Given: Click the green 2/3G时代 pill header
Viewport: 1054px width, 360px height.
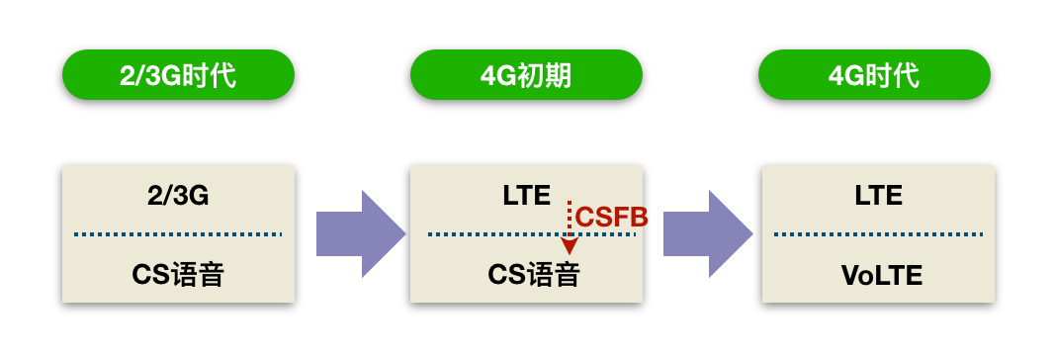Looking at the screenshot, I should click(x=178, y=75).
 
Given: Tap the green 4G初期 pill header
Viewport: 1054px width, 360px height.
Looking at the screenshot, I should click(x=526, y=75).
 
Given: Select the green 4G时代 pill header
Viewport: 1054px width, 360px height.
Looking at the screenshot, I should click(x=874, y=75).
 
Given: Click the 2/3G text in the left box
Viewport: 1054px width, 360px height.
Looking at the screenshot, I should click(x=178, y=196).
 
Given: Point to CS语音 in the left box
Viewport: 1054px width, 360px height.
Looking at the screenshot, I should click(x=178, y=275).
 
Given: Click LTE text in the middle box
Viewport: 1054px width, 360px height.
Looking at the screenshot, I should click(x=526, y=196).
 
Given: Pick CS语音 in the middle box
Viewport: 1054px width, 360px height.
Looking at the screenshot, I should click(x=533, y=275).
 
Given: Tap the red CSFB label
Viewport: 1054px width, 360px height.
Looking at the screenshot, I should click(x=611, y=217).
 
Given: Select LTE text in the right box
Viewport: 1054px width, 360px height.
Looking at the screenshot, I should click(x=878, y=196).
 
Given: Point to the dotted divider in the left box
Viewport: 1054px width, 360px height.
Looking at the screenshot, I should click(x=178, y=234).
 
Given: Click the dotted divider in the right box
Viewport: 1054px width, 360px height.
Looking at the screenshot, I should click(x=878, y=234).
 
